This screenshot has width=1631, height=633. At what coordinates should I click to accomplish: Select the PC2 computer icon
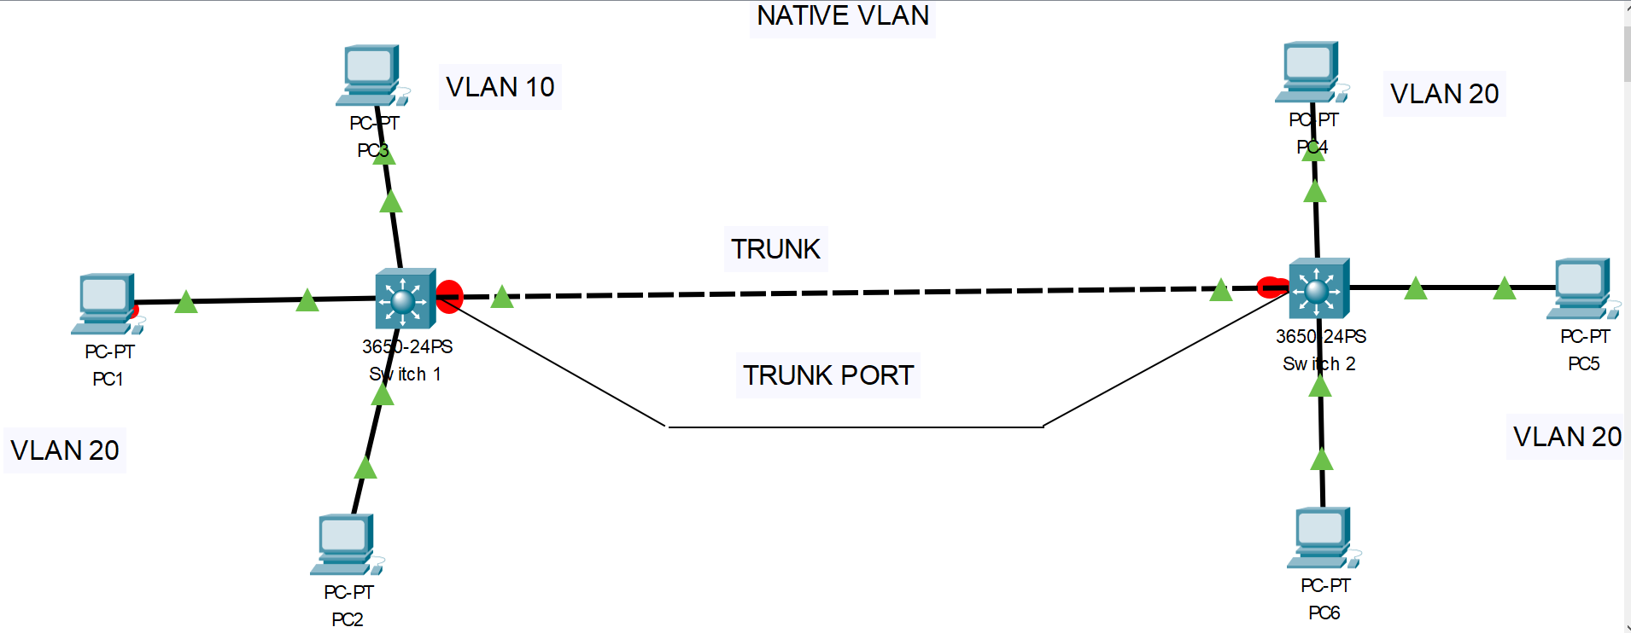(345, 543)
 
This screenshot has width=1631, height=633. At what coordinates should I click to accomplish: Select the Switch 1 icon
(406, 299)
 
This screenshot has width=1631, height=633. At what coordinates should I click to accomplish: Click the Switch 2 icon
(1318, 288)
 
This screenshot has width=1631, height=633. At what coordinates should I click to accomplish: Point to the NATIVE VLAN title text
(842, 16)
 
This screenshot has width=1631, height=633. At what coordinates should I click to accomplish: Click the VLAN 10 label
(500, 87)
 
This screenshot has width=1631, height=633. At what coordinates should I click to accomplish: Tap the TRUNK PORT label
(827, 375)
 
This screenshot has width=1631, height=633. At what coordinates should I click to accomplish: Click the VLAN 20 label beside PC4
(1444, 94)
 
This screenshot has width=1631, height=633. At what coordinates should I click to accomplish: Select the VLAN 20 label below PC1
(65, 450)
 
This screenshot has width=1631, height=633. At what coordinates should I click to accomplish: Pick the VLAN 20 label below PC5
(1567, 437)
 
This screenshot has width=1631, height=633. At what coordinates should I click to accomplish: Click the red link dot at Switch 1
(450, 296)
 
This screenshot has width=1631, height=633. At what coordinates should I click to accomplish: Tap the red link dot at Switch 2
(1271, 287)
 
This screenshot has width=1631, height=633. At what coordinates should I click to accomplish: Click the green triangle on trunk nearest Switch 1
(502, 297)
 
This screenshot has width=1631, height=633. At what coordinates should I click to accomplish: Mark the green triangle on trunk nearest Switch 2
(1221, 291)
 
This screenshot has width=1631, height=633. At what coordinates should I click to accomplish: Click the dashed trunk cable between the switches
(854, 293)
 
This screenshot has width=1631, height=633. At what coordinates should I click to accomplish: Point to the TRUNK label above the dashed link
(775, 249)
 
